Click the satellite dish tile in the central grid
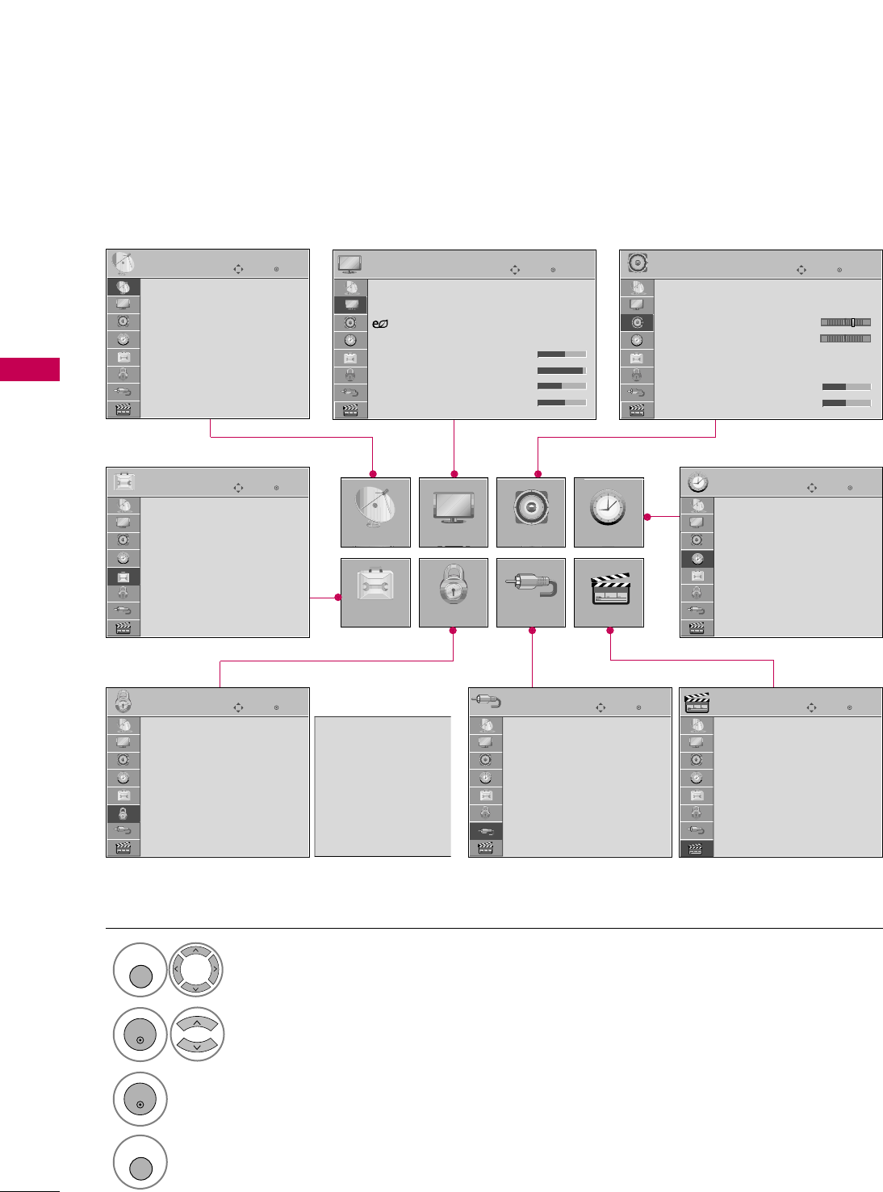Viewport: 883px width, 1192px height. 375,513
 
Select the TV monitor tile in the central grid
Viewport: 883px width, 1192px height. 454,513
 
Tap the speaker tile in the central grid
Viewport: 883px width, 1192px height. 531,513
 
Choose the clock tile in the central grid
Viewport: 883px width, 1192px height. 609,513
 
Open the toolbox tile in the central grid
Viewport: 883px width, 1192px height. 375,593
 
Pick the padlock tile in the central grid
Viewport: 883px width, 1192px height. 454,593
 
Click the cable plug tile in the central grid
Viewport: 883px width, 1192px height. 531,593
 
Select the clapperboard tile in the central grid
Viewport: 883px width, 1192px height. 609,593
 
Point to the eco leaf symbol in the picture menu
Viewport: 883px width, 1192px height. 380,324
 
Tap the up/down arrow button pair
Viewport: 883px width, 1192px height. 196,1035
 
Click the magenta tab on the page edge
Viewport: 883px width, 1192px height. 30,369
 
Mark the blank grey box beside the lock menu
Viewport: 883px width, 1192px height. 382,786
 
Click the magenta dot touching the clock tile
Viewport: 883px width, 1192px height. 647,516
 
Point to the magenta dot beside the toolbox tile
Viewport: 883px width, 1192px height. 338,597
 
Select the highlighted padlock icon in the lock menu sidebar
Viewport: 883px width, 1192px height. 123,814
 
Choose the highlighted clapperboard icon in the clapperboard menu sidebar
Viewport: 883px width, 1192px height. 697,849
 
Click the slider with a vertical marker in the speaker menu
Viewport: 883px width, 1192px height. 845,322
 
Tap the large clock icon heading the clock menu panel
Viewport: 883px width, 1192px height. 697,483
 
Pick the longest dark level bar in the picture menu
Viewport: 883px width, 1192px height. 561,371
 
